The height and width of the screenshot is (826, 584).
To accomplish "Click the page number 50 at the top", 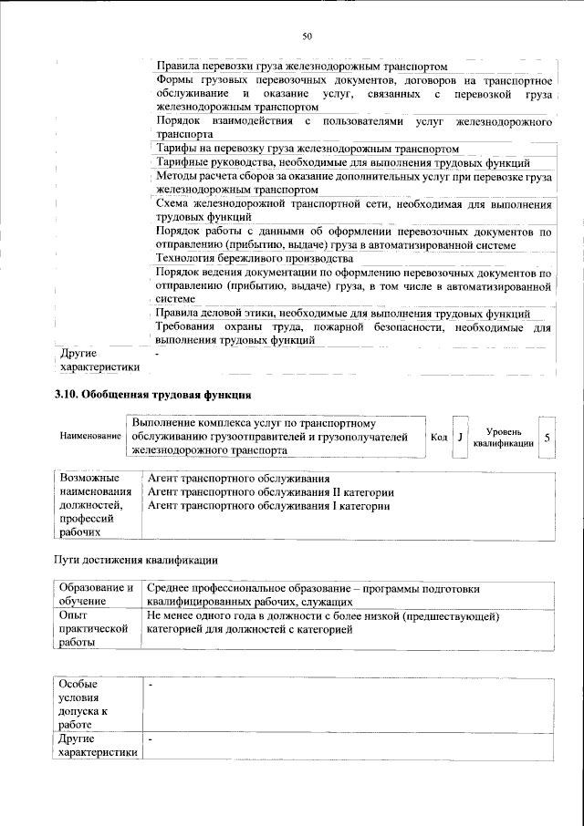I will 307,36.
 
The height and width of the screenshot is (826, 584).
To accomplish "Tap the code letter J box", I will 461,437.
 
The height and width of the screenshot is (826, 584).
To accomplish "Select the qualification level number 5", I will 547,437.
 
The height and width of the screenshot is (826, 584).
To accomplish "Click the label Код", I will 439,437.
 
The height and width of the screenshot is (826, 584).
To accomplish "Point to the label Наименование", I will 90,437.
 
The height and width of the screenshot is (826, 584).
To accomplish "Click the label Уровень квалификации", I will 504,437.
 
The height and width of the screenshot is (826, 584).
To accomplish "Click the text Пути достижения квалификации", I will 136,559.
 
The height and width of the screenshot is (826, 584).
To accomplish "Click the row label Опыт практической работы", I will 90,630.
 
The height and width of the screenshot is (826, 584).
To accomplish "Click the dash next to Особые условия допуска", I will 151,684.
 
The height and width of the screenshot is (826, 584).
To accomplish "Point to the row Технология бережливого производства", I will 255,258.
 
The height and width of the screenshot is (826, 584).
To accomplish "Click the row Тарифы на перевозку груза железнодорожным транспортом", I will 306,149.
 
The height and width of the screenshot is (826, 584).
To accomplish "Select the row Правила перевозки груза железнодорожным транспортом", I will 302,67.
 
